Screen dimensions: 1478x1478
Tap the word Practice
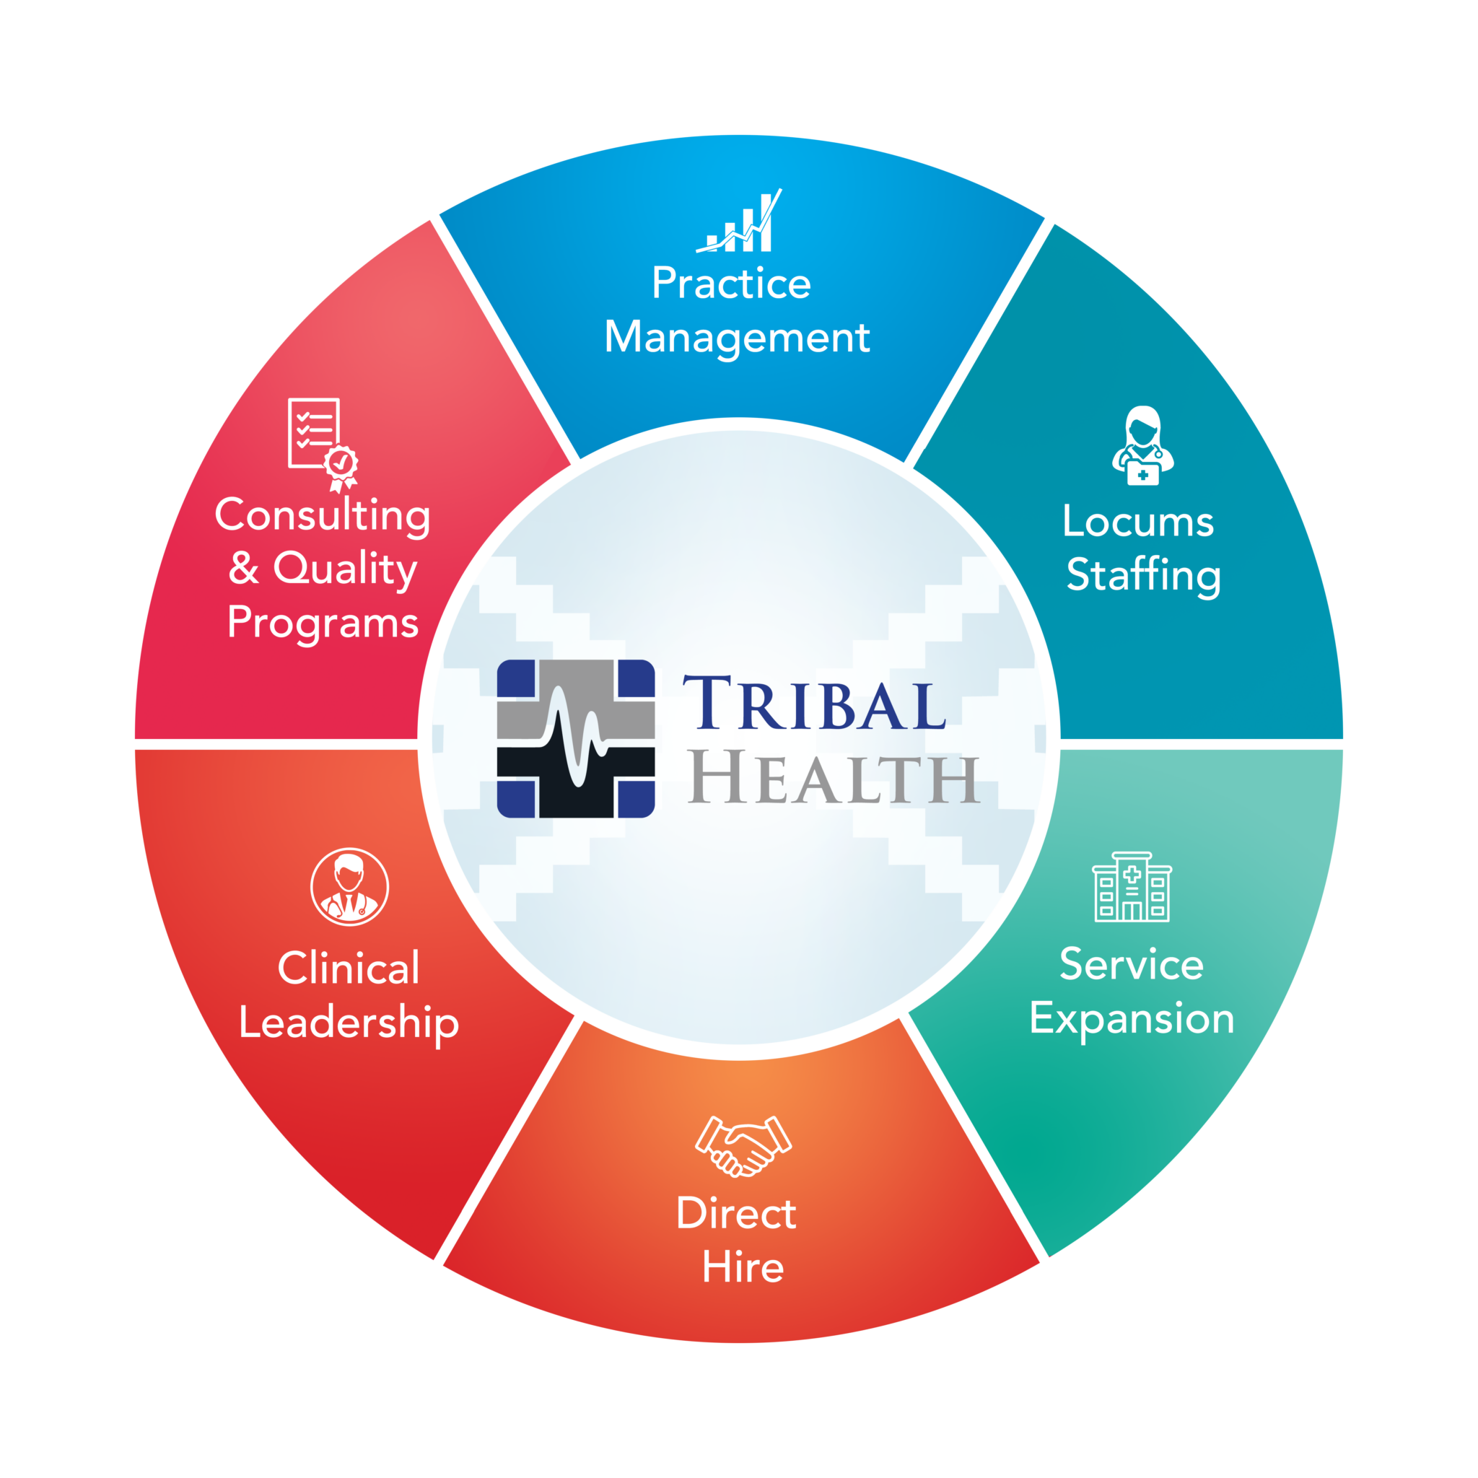[x=731, y=284]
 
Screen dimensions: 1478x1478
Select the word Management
[x=737, y=337]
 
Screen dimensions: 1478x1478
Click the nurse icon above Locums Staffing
[x=1142, y=445]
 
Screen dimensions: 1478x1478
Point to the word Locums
[x=1137, y=522]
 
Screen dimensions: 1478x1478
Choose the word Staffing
[x=1143, y=575]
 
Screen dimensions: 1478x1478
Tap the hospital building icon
[x=1132, y=887]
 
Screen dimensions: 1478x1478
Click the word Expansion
[x=1132, y=1019]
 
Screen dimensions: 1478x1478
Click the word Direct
[x=736, y=1213]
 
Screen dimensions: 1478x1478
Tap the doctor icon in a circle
[x=349, y=887]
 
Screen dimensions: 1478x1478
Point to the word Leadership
[x=349, y=1023]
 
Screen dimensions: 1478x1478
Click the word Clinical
[x=349, y=968]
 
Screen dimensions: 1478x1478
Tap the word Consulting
[x=322, y=515]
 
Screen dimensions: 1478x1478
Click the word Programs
[x=323, y=623]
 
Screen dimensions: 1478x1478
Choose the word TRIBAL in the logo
[x=814, y=703]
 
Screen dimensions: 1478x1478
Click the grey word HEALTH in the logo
[x=833, y=779]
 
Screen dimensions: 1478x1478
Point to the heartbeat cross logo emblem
[x=575, y=739]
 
